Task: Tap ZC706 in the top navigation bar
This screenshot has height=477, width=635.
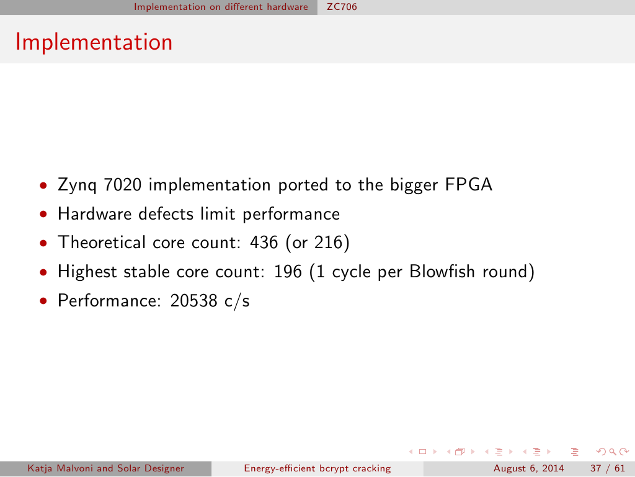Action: coord(342,7)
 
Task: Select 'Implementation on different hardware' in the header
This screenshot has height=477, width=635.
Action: coord(221,7)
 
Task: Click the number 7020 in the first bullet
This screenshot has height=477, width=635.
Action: coord(123,185)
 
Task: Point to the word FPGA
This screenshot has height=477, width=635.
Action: coord(469,185)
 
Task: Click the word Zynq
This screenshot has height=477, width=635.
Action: coord(78,185)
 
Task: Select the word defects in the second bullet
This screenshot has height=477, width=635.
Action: coord(166,214)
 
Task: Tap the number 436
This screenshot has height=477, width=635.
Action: coord(264,243)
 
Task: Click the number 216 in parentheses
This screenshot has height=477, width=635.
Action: coord(329,243)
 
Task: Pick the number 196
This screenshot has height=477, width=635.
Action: coord(288,271)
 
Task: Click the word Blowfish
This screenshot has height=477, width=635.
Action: coord(442,271)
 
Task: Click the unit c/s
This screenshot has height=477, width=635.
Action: coord(237,301)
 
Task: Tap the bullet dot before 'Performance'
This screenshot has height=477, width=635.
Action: coord(43,301)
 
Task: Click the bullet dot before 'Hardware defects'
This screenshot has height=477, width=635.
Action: coord(43,214)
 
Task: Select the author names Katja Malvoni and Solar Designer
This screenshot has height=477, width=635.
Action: coord(105,468)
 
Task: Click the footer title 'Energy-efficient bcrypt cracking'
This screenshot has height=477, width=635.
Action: coord(317,468)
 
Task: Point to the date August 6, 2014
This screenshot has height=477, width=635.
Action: coord(528,468)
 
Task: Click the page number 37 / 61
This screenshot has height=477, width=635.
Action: coord(608,468)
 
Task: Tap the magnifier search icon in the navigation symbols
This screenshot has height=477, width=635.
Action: coord(613,452)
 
